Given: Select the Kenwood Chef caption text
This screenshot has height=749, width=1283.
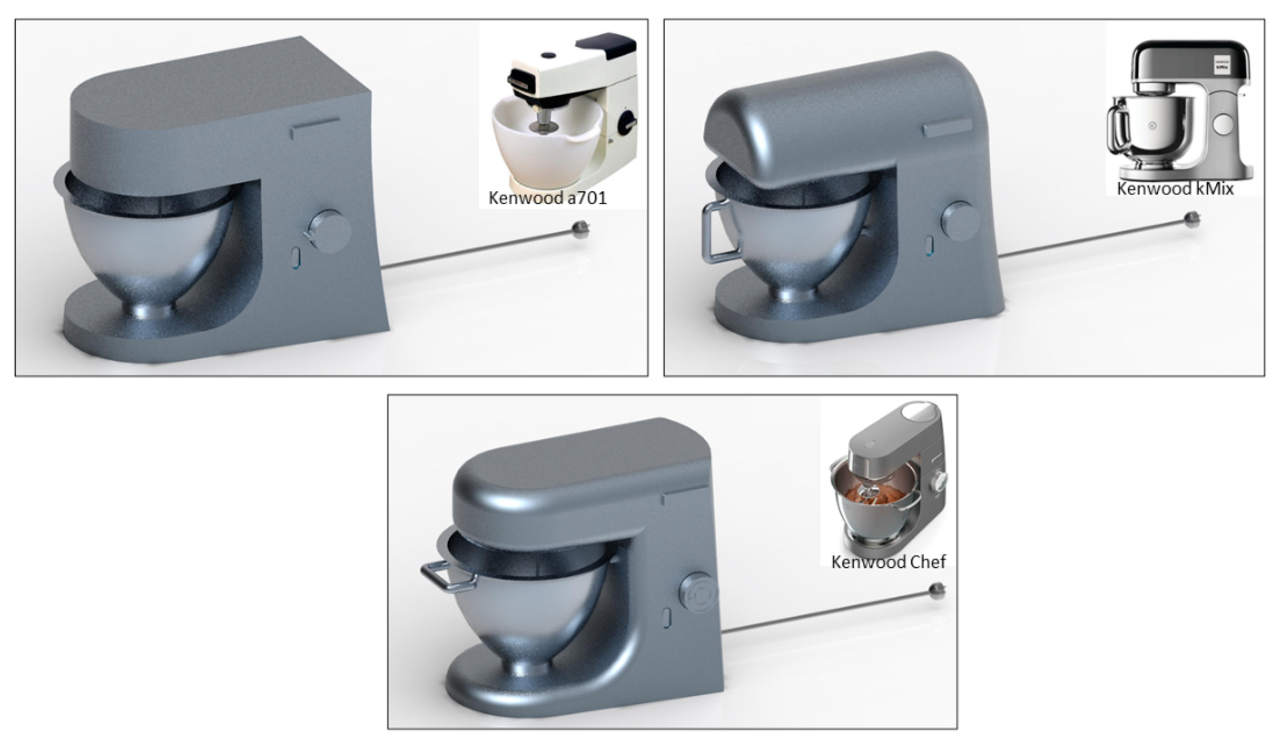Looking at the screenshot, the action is (x=888, y=562).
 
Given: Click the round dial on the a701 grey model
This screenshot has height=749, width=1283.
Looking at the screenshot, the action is (x=330, y=231).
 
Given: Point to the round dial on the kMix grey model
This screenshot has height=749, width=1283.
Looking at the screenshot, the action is (x=960, y=222).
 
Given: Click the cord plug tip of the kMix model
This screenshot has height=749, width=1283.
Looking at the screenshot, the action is (x=1192, y=219).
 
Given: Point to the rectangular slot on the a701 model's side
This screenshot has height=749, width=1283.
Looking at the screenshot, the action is (x=316, y=127).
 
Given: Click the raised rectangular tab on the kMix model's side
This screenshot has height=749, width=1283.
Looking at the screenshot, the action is (x=948, y=128).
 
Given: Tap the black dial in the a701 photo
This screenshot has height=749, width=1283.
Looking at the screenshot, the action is (x=628, y=122).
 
